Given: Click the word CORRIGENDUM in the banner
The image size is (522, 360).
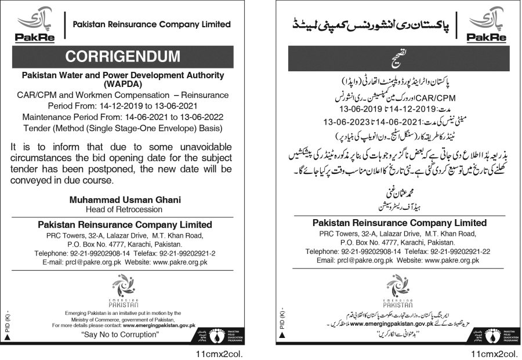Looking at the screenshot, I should click(x=122, y=56).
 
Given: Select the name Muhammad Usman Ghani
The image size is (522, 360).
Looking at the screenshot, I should click(x=125, y=199).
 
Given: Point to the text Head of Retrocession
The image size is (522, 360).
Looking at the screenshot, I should click(x=124, y=209).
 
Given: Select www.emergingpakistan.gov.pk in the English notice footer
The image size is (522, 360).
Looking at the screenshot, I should click(x=159, y=326).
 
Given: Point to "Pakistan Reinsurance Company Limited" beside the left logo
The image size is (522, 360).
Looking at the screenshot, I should click(x=151, y=24).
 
